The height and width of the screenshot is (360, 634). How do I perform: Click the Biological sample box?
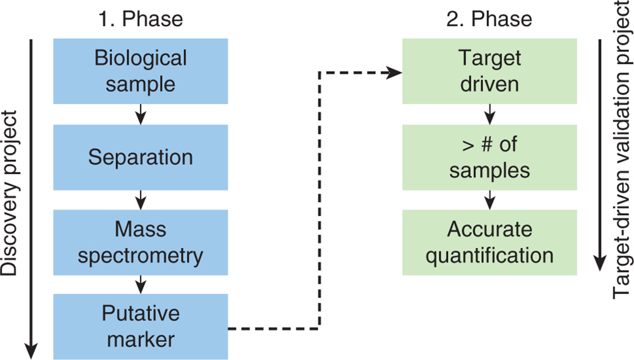(x=141, y=71)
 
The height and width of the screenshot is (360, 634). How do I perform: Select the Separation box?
(x=141, y=157)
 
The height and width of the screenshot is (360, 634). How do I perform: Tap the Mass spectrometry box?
(x=141, y=243)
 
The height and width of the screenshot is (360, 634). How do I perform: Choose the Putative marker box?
(x=141, y=327)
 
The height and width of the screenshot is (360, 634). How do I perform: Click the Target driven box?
(x=490, y=71)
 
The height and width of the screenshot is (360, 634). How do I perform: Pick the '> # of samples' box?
(x=490, y=157)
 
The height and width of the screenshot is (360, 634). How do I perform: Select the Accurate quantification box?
(x=490, y=243)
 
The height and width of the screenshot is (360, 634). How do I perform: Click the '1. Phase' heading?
(x=141, y=19)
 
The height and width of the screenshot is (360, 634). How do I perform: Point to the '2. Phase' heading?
(x=490, y=19)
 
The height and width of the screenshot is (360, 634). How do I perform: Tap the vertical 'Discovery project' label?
(x=10, y=193)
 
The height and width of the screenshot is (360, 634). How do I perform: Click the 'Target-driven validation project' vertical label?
(x=622, y=150)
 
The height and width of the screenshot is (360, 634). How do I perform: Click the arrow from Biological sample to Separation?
(x=141, y=114)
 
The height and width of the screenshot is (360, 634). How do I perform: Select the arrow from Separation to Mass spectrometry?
(x=141, y=200)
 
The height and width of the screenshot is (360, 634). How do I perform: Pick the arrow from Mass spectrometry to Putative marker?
(x=141, y=285)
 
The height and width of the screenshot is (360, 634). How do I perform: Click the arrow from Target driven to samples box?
(x=490, y=114)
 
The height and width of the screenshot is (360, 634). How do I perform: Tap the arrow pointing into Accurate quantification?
(x=490, y=200)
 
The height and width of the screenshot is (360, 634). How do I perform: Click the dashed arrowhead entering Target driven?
(x=394, y=73)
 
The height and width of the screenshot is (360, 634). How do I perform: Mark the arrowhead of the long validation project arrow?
(x=599, y=263)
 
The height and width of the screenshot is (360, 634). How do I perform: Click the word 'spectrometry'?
(x=141, y=256)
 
